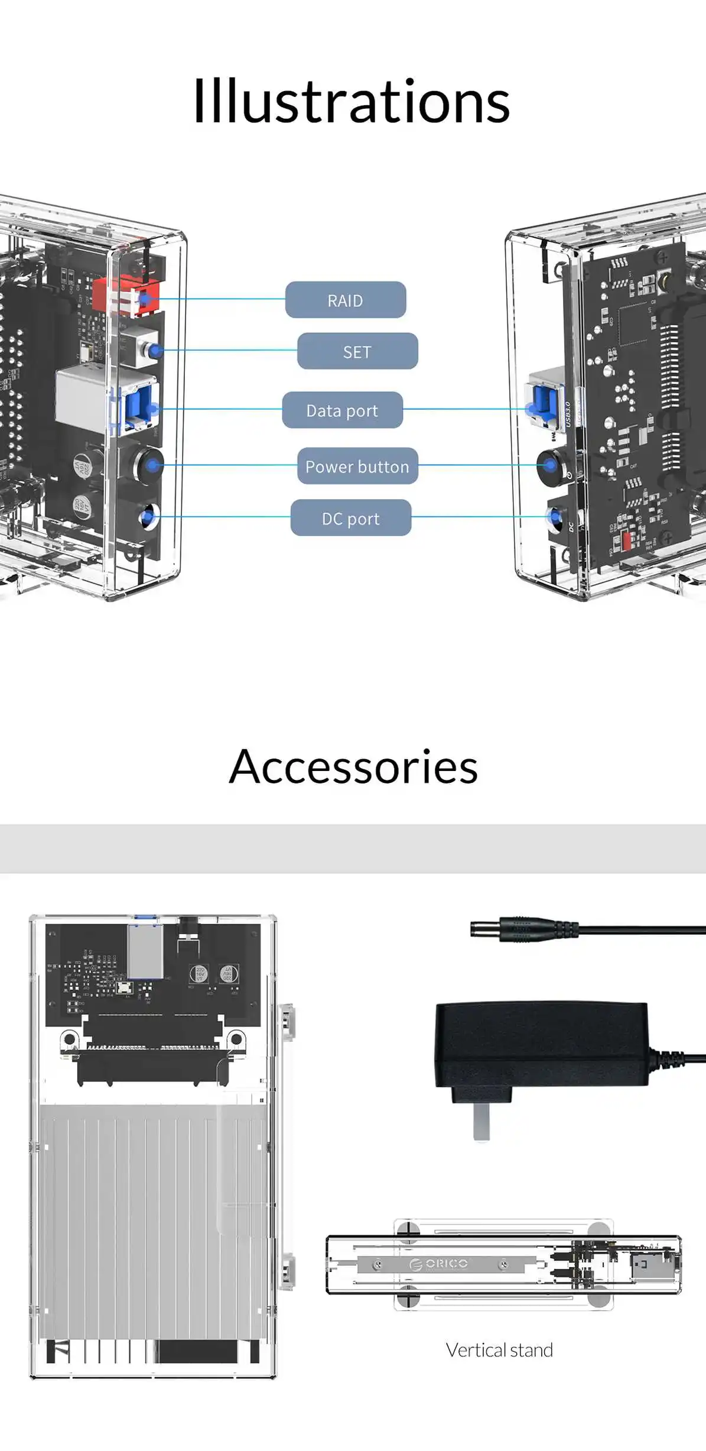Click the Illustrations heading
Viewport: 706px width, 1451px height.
352,102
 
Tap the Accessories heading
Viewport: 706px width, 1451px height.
353,766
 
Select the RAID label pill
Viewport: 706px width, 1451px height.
346,300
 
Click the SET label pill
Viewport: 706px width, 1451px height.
357,351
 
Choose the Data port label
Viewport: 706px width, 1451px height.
342,410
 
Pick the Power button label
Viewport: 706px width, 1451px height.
357,466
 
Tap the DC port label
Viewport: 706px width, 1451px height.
351,518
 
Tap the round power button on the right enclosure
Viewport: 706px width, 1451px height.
551,465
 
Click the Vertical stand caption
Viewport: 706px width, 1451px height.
499,1349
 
